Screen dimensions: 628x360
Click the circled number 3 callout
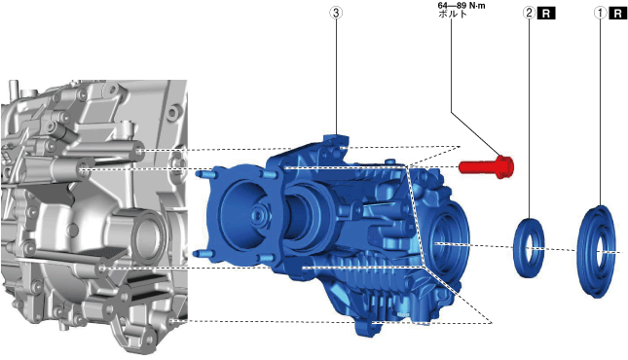coord(336,13)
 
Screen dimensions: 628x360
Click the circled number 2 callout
coord(529,13)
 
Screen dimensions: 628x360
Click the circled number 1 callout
coord(600,13)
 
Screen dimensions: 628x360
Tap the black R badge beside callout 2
coord(546,14)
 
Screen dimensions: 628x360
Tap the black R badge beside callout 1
coord(617,14)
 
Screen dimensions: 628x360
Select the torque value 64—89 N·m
coord(462,6)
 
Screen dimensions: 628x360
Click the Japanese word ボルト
coord(453,14)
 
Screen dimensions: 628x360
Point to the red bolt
coord(486,166)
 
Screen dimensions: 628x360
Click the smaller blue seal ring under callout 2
coord(529,248)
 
